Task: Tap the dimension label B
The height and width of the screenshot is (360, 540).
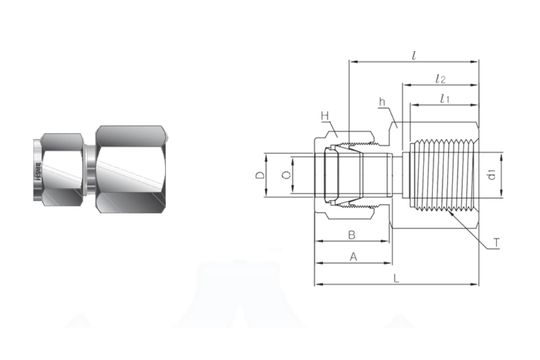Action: pyautogui.click(x=351, y=235)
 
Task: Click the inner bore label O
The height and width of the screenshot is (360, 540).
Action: pyautogui.click(x=286, y=176)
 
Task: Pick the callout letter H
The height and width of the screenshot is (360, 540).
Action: pyautogui.click(x=325, y=116)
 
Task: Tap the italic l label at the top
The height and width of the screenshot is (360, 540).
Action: pyautogui.click(x=414, y=54)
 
